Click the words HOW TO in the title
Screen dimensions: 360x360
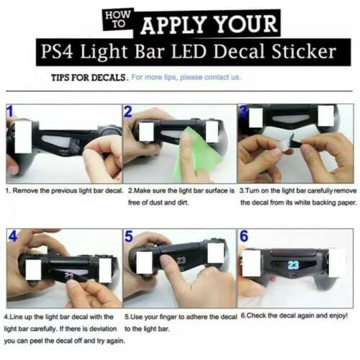pyautogui.click(x=118, y=19)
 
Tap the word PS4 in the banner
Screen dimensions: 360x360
pyautogui.click(x=57, y=51)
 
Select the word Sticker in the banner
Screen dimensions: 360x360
pyautogui.click(x=304, y=51)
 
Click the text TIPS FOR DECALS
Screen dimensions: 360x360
pyautogui.click(x=89, y=78)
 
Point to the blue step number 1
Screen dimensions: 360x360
pyautogui.click(x=10, y=112)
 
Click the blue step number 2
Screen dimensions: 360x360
pyautogui.click(x=128, y=112)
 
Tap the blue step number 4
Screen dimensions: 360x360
pyautogui.click(x=13, y=235)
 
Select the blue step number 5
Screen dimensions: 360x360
pyautogui.click(x=129, y=236)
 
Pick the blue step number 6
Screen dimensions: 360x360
pyautogui.click(x=243, y=236)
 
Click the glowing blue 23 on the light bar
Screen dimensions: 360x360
pyautogui.click(x=293, y=265)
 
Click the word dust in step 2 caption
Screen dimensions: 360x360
pyautogui.click(x=156, y=202)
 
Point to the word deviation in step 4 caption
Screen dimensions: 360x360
pyautogui.click(x=103, y=328)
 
